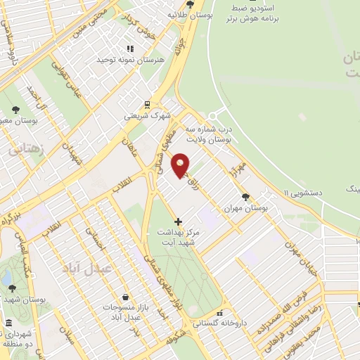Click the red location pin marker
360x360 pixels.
(x=181, y=165)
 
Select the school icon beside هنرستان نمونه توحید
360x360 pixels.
(x=129, y=49)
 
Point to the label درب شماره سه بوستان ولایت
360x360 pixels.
(x=208, y=134)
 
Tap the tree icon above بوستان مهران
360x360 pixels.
(x=245, y=178)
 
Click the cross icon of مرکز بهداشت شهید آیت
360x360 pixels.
(x=178, y=221)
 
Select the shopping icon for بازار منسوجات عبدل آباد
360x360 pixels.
(x=124, y=297)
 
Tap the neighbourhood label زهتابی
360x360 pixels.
(x=26, y=150)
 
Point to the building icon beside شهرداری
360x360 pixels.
(x=8, y=323)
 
